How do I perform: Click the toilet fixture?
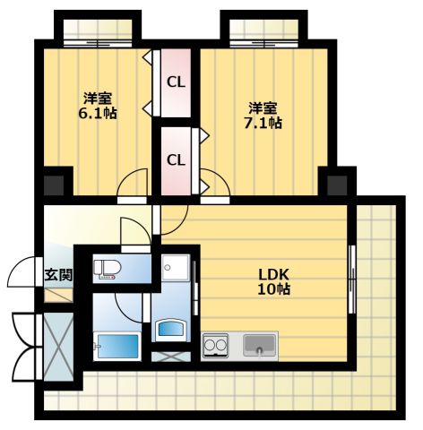click(x=107, y=269)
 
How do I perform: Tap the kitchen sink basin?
click(x=259, y=345)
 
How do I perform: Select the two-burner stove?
click(x=215, y=346)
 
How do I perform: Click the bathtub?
click(x=117, y=347)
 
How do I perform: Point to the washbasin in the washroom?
click(x=170, y=330)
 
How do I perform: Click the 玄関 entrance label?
click(x=58, y=275)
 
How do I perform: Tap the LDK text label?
click(x=273, y=274)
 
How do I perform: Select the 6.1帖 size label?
click(x=98, y=113)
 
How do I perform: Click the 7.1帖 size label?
click(x=263, y=123)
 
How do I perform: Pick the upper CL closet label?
click(x=176, y=82)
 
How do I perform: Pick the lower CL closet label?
click(x=176, y=160)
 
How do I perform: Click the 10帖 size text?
click(x=273, y=289)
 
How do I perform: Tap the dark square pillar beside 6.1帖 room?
click(x=54, y=185)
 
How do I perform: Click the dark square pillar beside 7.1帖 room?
click(x=337, y=185)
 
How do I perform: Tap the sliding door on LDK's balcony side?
click(x=352, y=279)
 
